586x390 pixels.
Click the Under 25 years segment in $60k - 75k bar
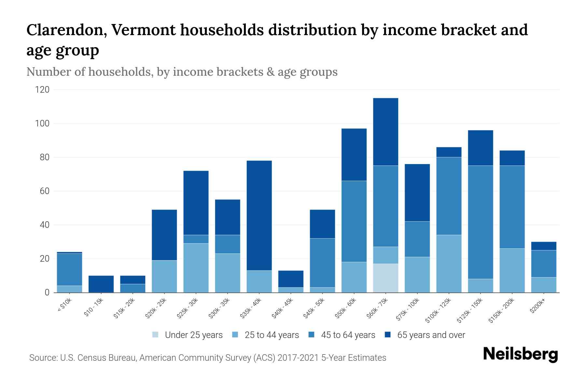[x=385, y=278]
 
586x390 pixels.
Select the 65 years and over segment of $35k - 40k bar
[x=259, y=215]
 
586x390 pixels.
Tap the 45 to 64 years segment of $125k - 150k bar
[x=480, y=222]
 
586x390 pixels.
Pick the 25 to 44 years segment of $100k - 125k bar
[x=449, y=264]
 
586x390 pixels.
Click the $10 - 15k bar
[x=101, y=284]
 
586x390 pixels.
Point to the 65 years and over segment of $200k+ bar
[x=543, y=246]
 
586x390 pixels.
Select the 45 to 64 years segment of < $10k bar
[x=69, y=269]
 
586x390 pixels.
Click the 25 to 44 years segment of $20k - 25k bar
[x=164, y=276]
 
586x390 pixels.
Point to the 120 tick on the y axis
[x=42, y=90]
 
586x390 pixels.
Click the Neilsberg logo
[x=520, y=355]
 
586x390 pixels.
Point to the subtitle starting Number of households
[x=182, y=72]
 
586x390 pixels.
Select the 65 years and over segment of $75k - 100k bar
[x=417, y=193]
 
